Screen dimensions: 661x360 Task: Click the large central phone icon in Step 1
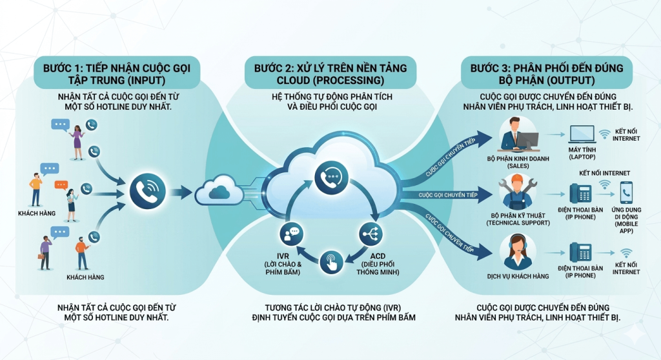coord(148,192)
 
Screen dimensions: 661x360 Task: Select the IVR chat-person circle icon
coord(291,234)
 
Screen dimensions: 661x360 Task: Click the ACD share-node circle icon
coord(371,234)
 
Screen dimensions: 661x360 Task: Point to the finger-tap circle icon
coord(331,262)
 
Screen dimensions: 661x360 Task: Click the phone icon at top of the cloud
coord(331,177)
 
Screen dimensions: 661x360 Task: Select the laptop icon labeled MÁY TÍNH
coord(582,134)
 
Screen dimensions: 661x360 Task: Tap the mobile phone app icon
coord(626,193)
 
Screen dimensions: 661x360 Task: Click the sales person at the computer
coord(518,134)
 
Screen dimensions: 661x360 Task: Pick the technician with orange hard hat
coord(518,192)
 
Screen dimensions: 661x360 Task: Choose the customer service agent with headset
coord(518,252)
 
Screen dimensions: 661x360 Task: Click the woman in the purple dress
coord(77,142)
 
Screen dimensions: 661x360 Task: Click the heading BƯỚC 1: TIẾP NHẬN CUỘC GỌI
coord(117,68)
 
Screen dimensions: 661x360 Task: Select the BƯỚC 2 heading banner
coord(330,72)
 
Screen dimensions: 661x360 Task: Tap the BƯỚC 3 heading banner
coord(547,72)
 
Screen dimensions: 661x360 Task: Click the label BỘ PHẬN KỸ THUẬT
coord(518,215)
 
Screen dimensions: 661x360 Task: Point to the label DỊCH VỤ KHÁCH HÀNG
coord(518,277)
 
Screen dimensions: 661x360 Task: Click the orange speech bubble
coord(61,185)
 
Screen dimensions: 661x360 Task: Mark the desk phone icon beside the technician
coord(580,194)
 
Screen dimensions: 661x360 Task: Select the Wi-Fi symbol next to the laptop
coord(605,134)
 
